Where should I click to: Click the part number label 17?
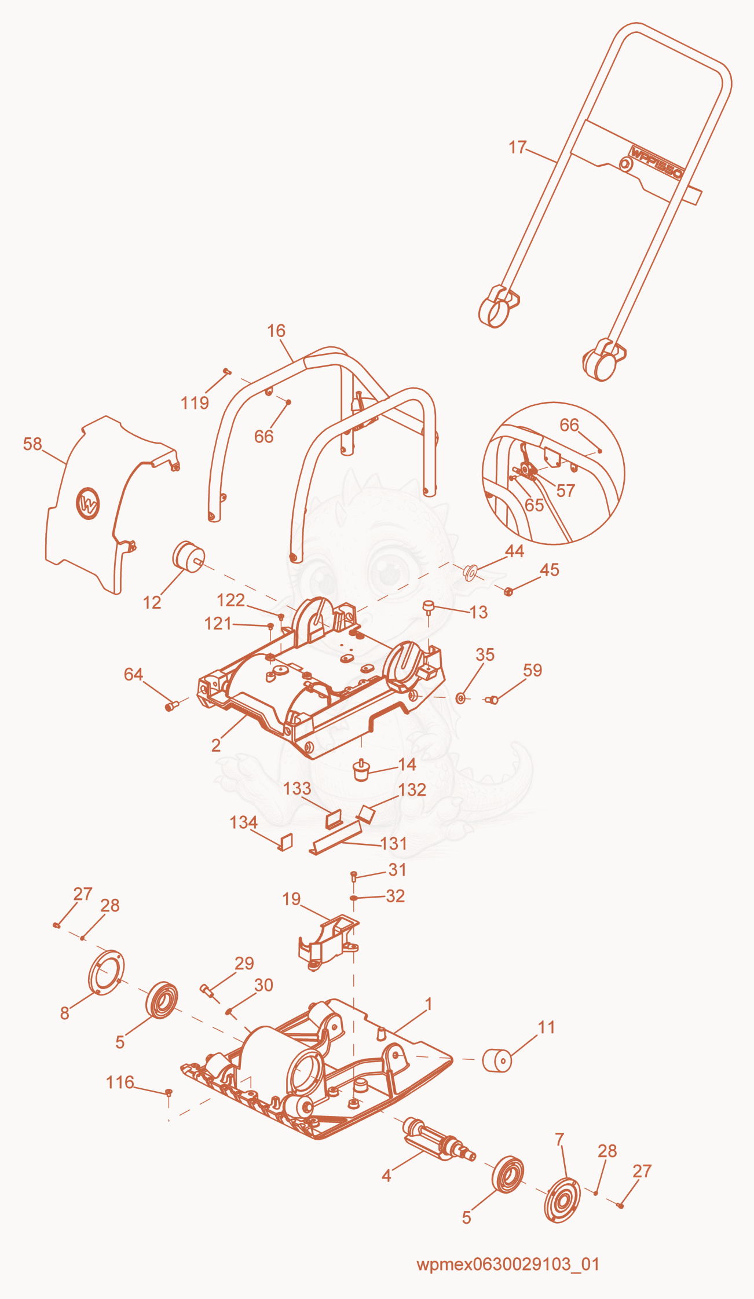pos(518,148)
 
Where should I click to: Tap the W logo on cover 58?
pos(88,503)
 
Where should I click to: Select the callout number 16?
pos(276,331)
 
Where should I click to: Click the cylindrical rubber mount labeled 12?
pos(189,557)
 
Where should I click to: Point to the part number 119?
pos(195,403)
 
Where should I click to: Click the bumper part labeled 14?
pos(361,770)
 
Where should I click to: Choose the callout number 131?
pos(394,843)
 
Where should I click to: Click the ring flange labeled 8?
pos(106,972)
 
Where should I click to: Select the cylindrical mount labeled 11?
pos(497,1060)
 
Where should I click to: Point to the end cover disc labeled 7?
pos(562,1199)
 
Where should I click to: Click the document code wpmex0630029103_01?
pos(508,1264)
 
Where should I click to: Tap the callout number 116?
pos(120,1082)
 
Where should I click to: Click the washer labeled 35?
pos(461,698)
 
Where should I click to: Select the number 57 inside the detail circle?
pos(566,491)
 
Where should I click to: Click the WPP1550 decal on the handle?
pos(657,163)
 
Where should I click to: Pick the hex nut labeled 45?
pos(508,591)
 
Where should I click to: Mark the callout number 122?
pos(231,600)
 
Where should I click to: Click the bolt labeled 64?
pos(170,705)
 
